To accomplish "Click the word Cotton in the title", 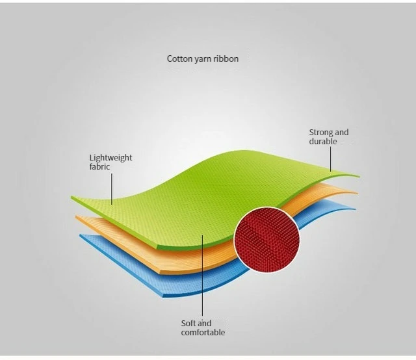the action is tap(179, 59).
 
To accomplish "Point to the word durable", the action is tap(323, 142).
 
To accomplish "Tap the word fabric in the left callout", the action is tap(99, 167).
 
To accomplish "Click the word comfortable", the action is tap(203, 333).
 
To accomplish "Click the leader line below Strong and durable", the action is tap(330, 158).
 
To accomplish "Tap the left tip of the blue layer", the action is tap(81, 235).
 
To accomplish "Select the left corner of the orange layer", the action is tap(77, 217).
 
